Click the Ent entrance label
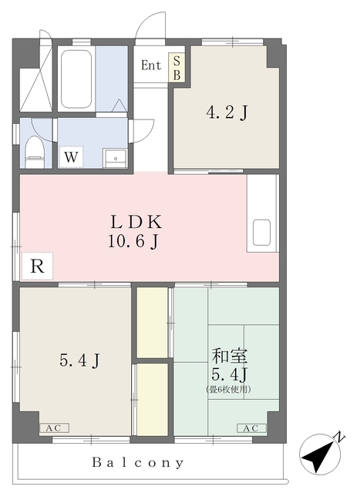pyautogui.click(x=151, y=65)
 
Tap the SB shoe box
pyautogui.click(x=177, y=67)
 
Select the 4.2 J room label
pyautogui.click(x=227, y=112)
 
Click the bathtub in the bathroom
pyautogui.click(x=76, y=79)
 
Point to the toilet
pyautogui.click(x=34, y=152)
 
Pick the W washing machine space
pyautogui.click(x=71, y=157)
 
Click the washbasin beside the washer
pyautogui.click(x=115, y=159)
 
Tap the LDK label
pyautogui.click(x=136, y=222)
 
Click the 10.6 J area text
pyautogui.click(x=133, y=242)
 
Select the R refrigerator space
pyautogui.click(x=37, y=266)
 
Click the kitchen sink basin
pyautogui.click(x=261, y=232)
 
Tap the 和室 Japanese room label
pyautogui.click(x=230, y=356)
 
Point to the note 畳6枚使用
pyautogui.click(x=228, y=389)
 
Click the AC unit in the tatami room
pyautogui.click(x=251, y=428)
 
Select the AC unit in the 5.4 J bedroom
pyautogui.click(x=54, y=428)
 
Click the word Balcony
pyautogui.click(x=138, y=462)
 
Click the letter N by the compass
pyautogui.click(x=339, y=437)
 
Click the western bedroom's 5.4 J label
pyautogui.click(x=80, y=361)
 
